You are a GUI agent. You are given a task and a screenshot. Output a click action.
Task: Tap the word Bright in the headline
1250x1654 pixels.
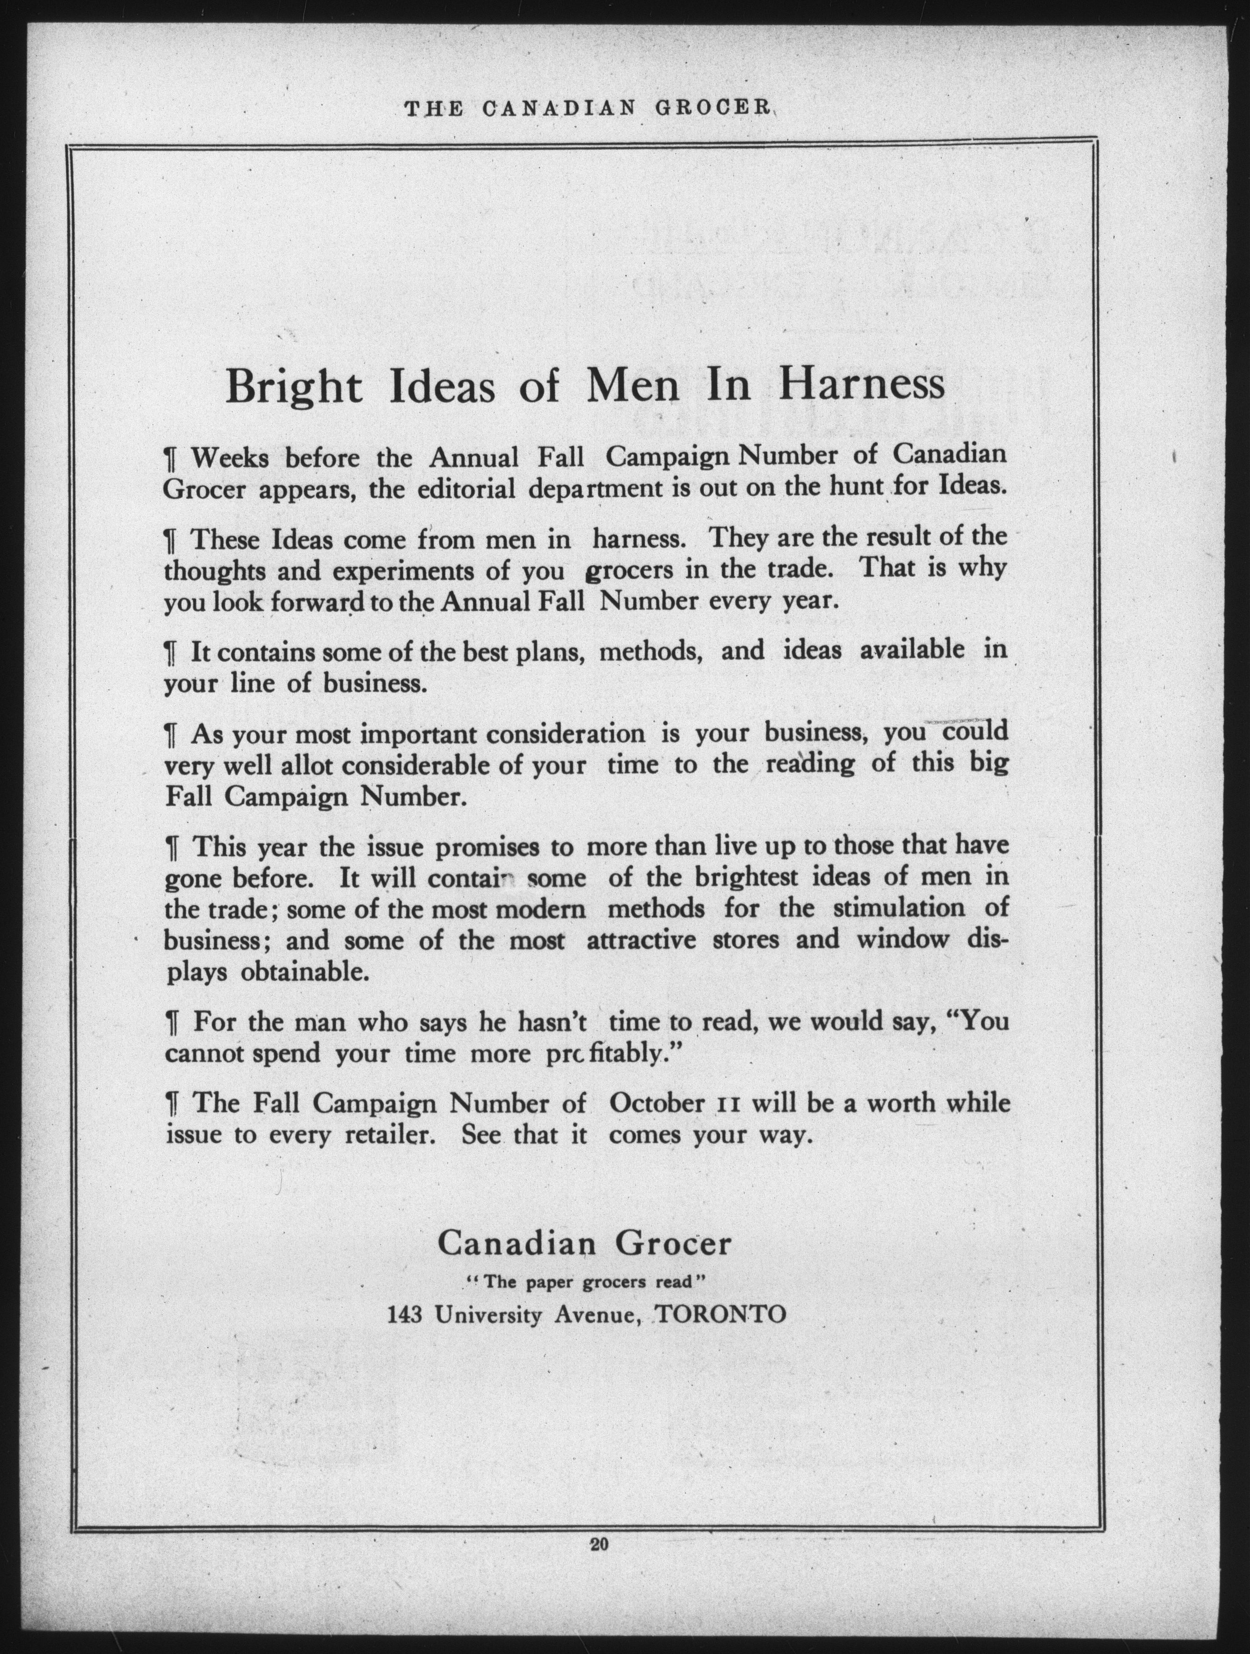click(294, 387)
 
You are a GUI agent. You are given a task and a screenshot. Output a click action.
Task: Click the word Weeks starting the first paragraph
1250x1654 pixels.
click(230, 457)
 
